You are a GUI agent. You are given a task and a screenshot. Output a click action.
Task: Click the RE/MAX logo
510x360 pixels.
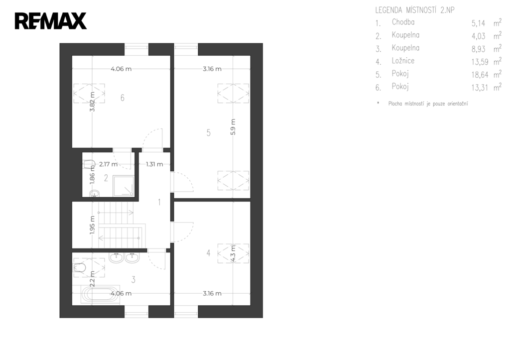pos(51,21)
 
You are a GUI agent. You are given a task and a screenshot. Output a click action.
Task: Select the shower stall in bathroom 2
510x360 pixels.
pos(124,186)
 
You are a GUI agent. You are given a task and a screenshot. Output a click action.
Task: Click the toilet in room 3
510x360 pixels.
pos(80,268)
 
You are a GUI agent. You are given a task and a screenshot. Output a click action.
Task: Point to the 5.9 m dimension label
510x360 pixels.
pos(233,127)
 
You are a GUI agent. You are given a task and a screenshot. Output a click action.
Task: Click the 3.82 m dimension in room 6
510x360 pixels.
pos(92,102)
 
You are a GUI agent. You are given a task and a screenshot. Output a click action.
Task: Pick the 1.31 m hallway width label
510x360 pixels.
pos(154,164)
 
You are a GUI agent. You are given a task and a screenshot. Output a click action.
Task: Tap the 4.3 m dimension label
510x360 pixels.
pos(233,253)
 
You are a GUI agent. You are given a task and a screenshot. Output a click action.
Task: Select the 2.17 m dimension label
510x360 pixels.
pos(108,164)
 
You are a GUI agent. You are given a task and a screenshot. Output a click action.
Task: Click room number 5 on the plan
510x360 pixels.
pos(209,132)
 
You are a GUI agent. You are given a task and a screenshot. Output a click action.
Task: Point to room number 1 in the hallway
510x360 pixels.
pos(159,202)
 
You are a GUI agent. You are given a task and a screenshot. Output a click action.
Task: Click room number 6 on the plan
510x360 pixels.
pos(123,98)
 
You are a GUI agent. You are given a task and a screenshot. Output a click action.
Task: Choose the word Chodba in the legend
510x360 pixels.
pos(403,22)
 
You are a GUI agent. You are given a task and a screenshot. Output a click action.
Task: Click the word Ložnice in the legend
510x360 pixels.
pos(403,61)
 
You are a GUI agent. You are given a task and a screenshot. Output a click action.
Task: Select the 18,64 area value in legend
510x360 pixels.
pos(480,75)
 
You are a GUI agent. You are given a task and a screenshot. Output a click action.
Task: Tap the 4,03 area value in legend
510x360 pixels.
pos(478,36)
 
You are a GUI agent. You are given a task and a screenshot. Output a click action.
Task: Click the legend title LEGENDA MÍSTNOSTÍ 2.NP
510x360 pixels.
pos(415,10)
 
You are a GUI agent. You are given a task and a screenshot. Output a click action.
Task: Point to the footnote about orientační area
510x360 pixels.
pos(428,104)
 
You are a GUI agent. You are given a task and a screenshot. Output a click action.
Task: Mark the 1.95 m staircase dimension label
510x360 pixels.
pos(92,225)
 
